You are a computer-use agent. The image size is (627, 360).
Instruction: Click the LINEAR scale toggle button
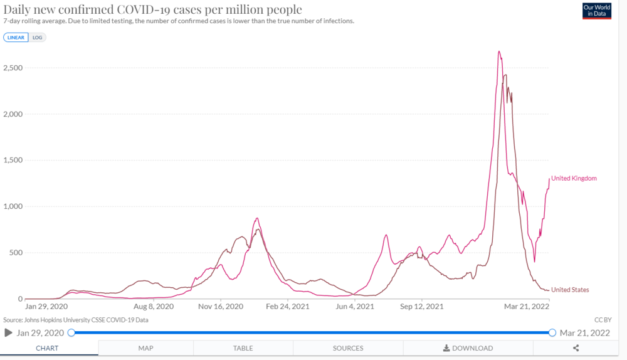click(16, 37)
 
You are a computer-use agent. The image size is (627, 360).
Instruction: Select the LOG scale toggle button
click(38, 37)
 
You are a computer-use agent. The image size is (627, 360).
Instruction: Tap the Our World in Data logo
click(596, 11)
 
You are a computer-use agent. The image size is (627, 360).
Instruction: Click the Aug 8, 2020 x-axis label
click(153, 307)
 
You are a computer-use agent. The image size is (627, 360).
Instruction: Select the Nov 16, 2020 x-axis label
click(221, 307)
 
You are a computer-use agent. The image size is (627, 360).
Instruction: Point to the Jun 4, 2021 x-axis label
click(354, 307)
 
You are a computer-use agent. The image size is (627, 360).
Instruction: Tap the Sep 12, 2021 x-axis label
click(421, 307)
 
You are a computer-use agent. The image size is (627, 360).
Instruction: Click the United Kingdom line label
click(574, 178)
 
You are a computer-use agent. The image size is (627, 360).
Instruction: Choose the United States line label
click(570, 290)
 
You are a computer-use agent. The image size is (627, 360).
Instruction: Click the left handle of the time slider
click(71, 332)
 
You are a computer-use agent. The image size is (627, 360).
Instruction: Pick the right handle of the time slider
click(552, 332)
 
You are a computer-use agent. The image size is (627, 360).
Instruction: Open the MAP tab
click(145, 348)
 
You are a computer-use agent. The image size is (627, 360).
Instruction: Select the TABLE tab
click(243, 348)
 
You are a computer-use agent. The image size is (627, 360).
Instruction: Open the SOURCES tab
click(348, 348)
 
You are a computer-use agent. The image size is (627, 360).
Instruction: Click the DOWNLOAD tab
click(468, 348)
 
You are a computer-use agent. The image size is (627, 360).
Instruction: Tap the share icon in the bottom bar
click(576, 348)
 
